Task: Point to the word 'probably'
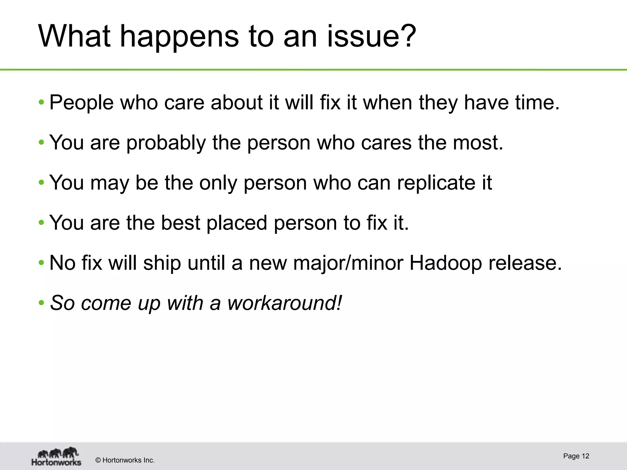click(x=166, y=143)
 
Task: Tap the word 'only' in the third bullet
click(x=218, y=183)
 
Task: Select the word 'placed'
click(x=237, y=223)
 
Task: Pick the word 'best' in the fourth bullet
click(x=180, y=223)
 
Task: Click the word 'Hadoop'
click(x=445, y=263)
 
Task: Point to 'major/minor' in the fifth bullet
click(x=348, y=263)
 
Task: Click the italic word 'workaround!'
click(x=284, y=303)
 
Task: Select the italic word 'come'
click(x=106, y=303)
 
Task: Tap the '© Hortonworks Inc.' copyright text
click(x=125, y=460)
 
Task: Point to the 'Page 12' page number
click(x=576, y=456)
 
